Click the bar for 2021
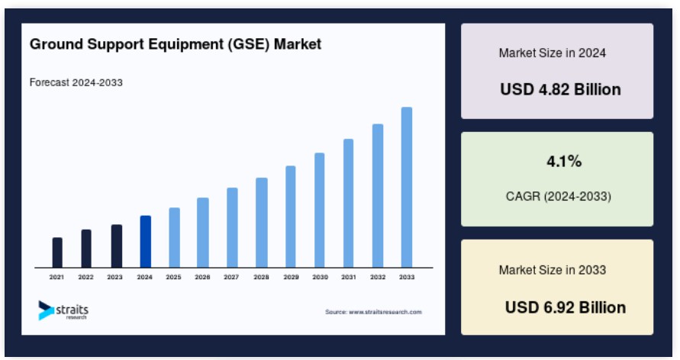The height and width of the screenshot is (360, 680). click(x=57, y=252)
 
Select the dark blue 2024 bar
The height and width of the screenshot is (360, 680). click(x=146, y=241)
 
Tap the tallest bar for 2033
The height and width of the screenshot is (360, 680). click(x=407, y=187)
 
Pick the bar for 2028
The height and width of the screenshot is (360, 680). click(x=262, y=223)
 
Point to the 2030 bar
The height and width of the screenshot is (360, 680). click(x=320, y=210)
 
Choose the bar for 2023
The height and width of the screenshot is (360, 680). click(x=117, y=246)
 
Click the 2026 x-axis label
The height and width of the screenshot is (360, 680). click(x=202, y=277)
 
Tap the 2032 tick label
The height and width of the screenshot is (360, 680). click(x=378, y=277)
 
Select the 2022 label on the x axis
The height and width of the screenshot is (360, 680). click(x=86, y=277)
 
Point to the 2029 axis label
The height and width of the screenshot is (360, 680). click(x=291, y=277)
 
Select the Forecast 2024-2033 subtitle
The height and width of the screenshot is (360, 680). click(x=76, y=82)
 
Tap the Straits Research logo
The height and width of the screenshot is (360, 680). click(x=63, y=310)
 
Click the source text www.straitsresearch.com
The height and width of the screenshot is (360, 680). click(x=385, y=312)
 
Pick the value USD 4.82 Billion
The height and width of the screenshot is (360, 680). click(x=560, y=89)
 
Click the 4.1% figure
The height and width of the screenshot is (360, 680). click(x=564, y=161)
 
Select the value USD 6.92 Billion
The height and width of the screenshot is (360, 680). click(x=566, y=307)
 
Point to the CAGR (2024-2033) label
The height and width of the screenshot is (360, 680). click(x=559, y=196)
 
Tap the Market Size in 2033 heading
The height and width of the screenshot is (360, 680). click(x=552, y=270)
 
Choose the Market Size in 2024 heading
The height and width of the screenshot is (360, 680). click(x=552, y=53)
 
